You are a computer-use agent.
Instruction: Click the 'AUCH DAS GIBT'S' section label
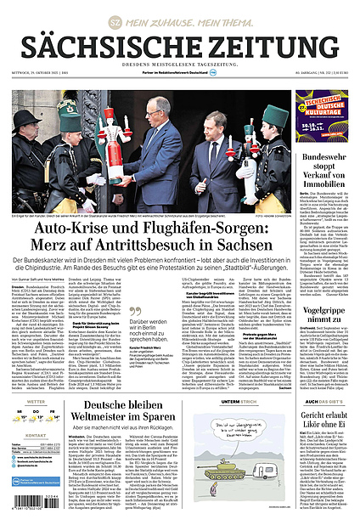point(324,377)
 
